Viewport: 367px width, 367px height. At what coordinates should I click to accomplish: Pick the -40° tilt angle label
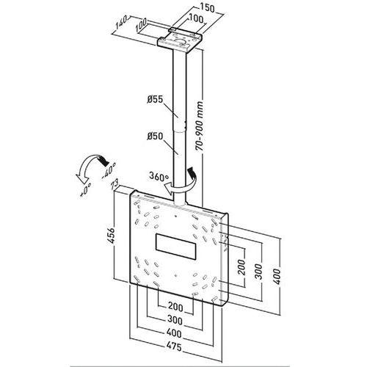[109, 175]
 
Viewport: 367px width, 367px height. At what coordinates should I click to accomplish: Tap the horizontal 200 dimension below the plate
[175, 305]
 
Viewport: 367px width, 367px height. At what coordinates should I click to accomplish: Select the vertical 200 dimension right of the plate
[242, 266]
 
